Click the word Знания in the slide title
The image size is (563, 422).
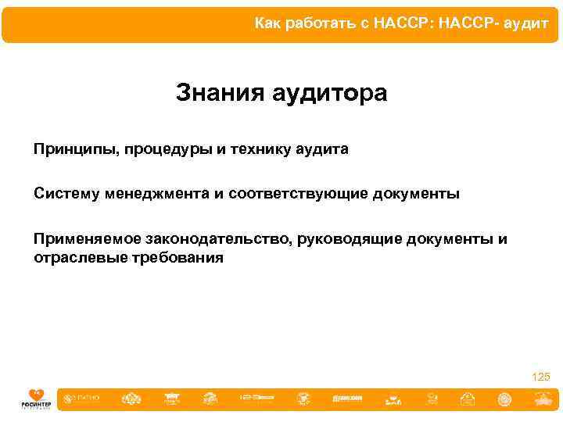[220, 94]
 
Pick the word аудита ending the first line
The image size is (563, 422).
[322, 148]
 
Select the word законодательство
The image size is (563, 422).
[217, 238]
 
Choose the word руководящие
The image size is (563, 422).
[350, 238]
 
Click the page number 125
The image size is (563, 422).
[540, 377]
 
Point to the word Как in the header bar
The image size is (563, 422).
[267, 24]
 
